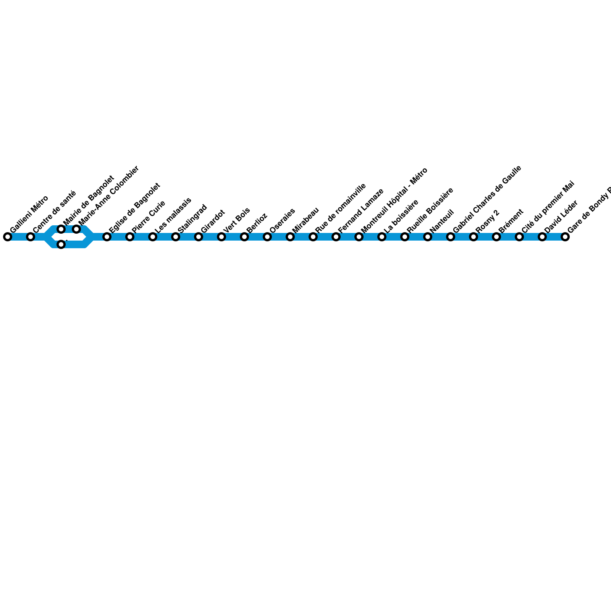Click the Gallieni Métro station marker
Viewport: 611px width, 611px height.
(x=8, y=237)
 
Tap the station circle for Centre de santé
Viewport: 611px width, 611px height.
(x=31, y=237)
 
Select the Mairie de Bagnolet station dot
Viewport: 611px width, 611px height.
(x=61, y=229)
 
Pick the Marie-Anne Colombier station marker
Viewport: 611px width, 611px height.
(x=76, y=229)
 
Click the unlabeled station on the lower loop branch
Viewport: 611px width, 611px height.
(x=61, y=244)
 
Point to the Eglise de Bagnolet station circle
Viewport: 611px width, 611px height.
(x=107, y=237)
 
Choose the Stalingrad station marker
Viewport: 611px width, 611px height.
(x=176, y=237)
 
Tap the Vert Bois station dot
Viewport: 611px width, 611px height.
(x=221, y=237)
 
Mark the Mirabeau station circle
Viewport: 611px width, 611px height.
(x=290, y=237)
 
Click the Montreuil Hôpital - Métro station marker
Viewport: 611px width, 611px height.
(x=359, y=237)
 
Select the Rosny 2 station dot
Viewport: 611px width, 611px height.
(x=474, y=237)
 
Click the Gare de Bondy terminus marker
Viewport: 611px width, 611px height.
(x=565, y=237)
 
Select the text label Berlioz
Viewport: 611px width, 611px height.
(x=257, y=223)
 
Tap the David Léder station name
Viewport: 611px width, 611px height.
(x=561, y=217)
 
